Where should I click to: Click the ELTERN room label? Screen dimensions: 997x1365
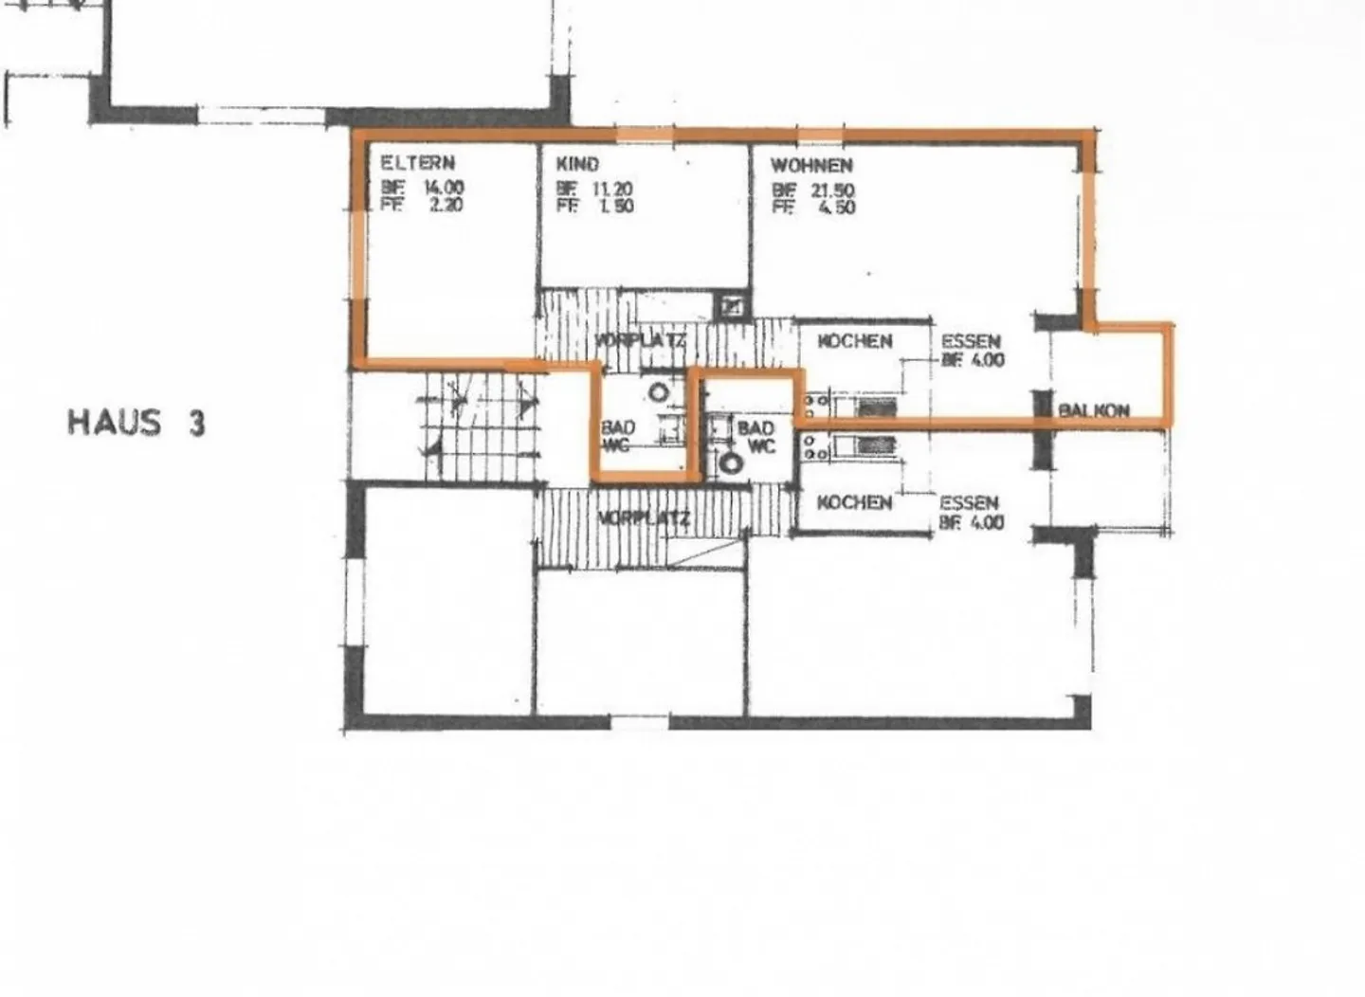417,163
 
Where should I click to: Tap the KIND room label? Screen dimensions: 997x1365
577,164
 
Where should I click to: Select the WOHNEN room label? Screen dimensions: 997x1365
811,165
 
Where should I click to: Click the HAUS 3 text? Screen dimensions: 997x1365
136,422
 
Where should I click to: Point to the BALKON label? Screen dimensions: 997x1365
1094,410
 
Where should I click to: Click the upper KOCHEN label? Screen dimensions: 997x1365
854,341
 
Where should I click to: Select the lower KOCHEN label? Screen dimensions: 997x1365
854,502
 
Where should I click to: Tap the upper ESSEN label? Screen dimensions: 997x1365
971,342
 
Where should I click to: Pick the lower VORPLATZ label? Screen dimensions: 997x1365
644,518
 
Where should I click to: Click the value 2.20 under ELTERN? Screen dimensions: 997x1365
446,204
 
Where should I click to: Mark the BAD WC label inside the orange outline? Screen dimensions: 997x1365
617,437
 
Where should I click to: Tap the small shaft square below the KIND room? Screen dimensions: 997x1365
732,305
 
